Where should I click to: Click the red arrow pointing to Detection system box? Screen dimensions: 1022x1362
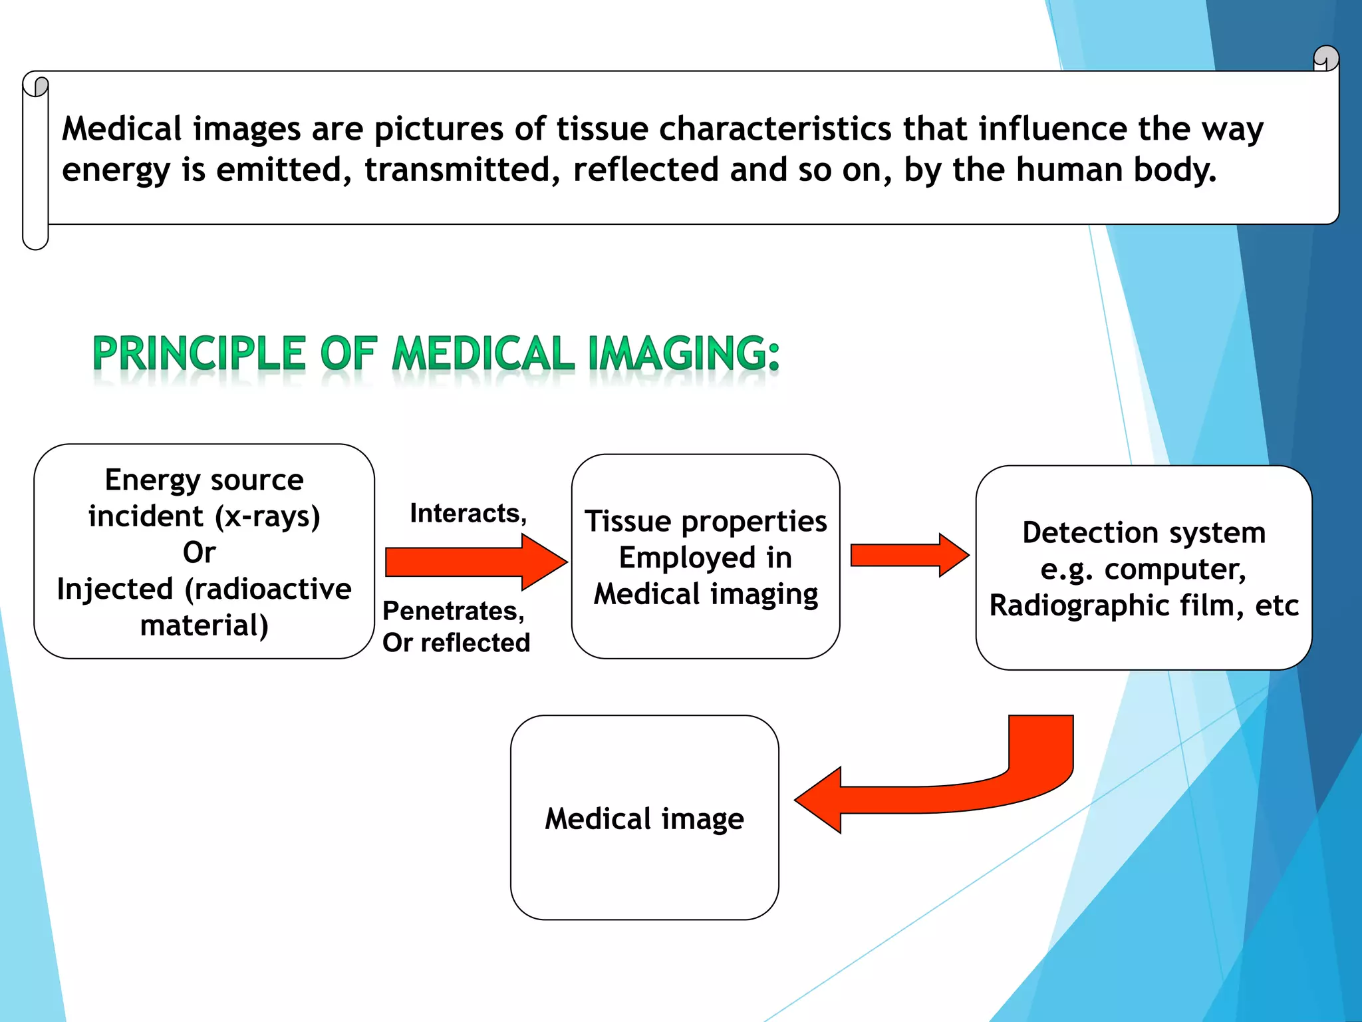pos(908,555)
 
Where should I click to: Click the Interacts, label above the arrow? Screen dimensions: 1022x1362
pos(468,514)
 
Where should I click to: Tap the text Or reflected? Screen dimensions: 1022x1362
pos(456,643)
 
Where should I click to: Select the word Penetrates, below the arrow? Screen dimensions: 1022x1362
pos(454,611)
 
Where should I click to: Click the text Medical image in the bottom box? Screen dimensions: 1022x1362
pos(644,819)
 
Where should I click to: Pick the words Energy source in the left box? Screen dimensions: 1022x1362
pos(204,480)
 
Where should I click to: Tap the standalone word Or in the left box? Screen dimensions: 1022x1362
pos(199,553)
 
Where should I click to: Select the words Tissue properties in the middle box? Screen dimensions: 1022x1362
pos(706,522)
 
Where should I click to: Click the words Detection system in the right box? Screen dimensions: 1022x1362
pos(1143,533)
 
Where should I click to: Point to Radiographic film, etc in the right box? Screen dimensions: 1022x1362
pos(1143,605)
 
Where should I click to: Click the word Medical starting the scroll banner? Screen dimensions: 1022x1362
pos(122,129)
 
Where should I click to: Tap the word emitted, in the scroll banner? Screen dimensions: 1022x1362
pos(283,170)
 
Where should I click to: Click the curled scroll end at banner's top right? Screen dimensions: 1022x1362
pos(1326,59)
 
